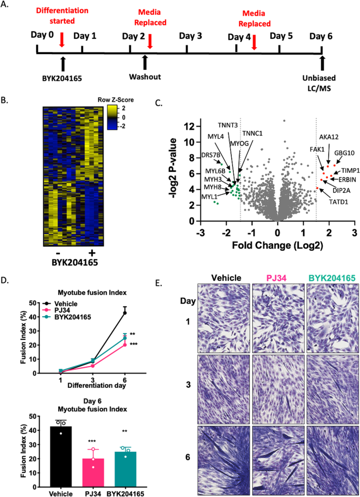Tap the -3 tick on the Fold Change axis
pos(200,232)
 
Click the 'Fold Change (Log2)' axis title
pos(277,245)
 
